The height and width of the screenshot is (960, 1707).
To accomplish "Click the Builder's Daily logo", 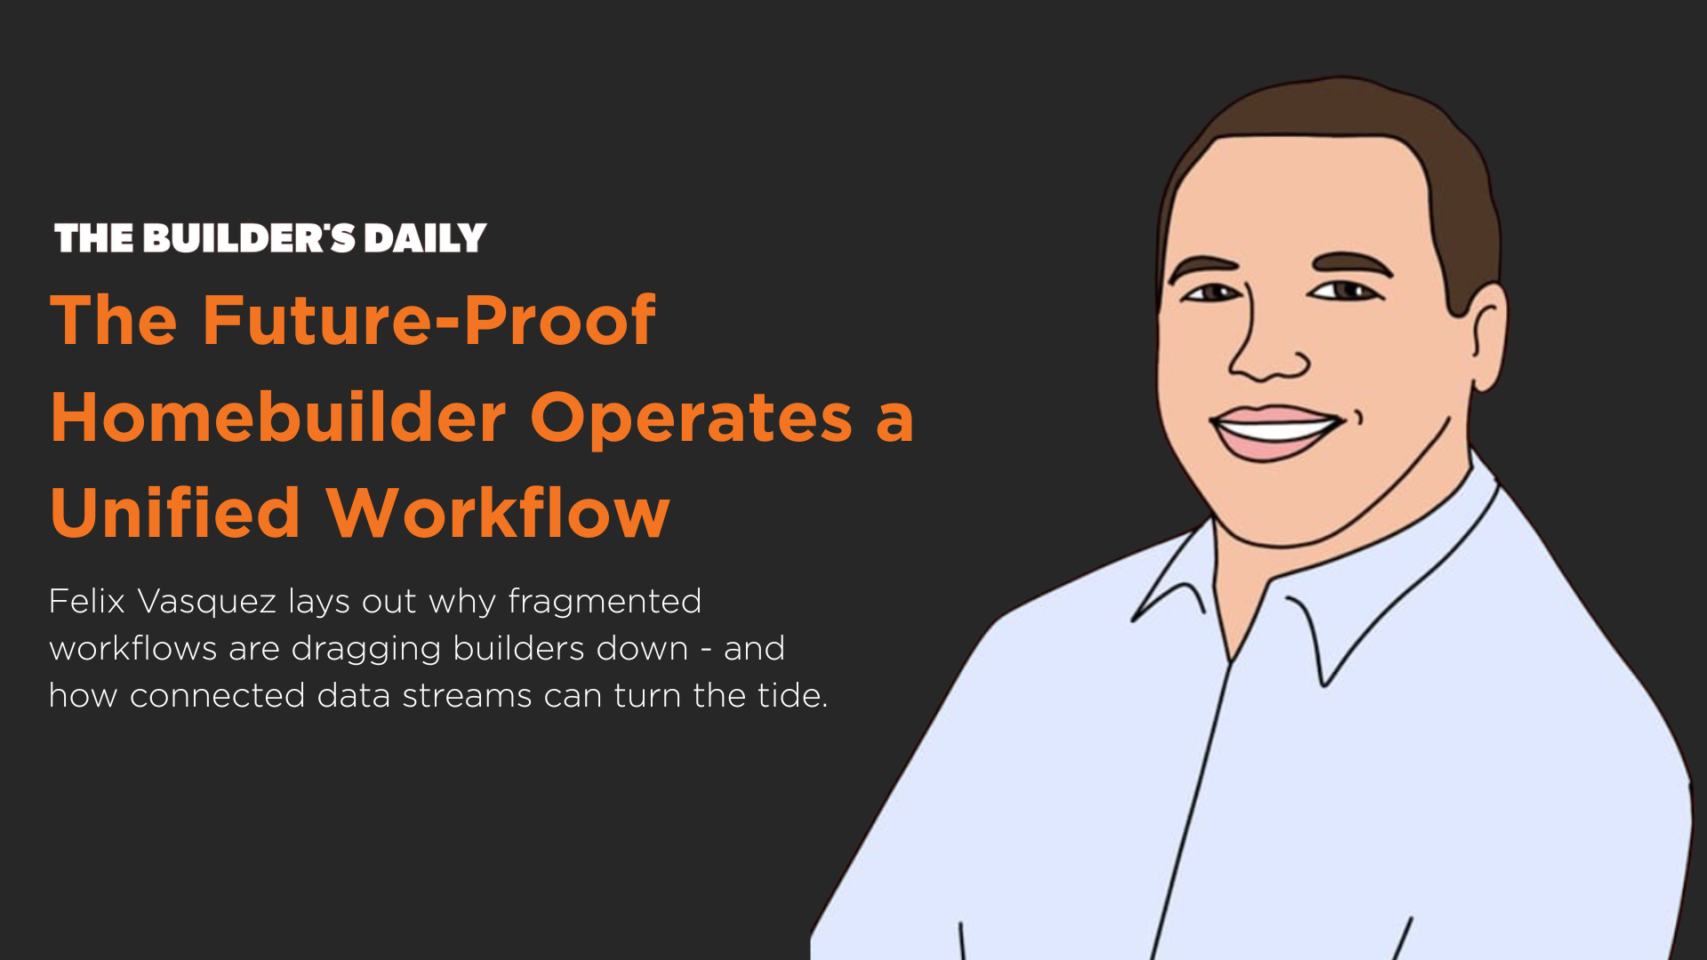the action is coord(270,237).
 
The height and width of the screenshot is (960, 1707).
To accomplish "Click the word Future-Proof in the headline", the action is coord(429,320).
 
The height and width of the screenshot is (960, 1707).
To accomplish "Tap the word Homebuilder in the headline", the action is coord(278,417).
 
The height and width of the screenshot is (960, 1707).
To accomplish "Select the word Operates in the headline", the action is coord(692,419).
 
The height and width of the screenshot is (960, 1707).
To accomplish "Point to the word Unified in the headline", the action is coord(175,513).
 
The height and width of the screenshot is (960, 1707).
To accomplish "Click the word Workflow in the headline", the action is coord(498,513).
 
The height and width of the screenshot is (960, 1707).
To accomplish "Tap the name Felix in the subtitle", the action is coord(87,601).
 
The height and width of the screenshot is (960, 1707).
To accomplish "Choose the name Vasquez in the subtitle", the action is coord(207,603).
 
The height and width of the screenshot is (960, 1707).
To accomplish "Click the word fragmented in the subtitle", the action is coord(605,602).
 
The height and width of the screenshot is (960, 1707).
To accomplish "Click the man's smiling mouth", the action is coord(1277,431).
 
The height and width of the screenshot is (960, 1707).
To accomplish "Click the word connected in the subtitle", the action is coord(218,696).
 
